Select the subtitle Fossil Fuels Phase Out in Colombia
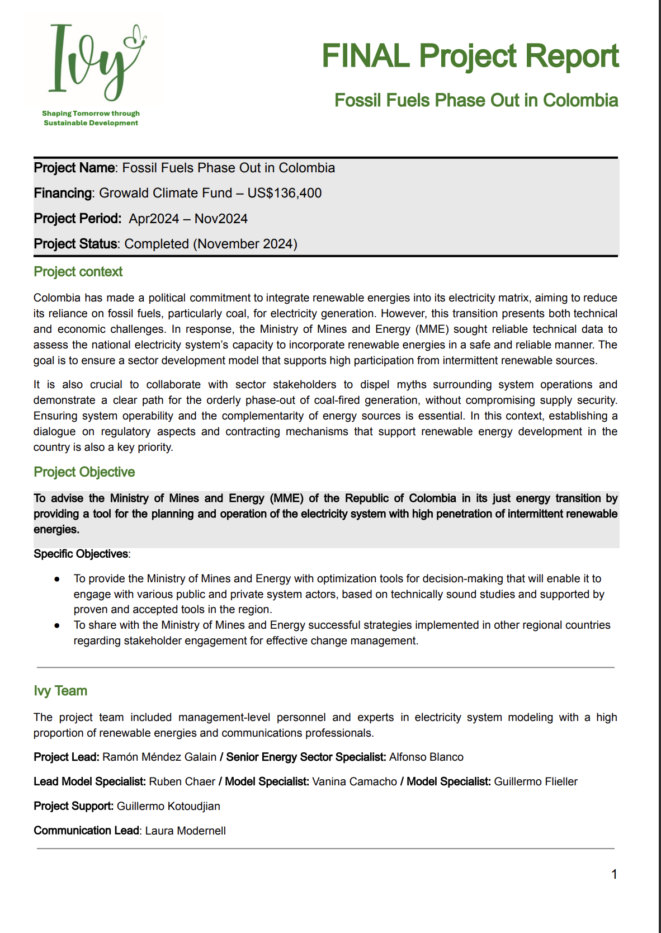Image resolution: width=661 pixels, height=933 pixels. [476, 101]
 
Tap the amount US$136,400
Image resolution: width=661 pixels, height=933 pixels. [285, 194]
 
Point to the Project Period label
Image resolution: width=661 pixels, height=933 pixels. [77, 219]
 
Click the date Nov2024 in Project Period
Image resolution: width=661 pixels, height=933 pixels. [221, 219]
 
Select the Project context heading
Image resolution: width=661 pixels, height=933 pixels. [78, 272]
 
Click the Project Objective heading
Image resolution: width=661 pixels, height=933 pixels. [84, 472]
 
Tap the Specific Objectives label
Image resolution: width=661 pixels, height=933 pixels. [81, 554]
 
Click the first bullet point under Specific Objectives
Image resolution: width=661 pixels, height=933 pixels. [57, 579]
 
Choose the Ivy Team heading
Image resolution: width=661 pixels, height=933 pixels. [60, 691]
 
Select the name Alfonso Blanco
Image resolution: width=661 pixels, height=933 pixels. [426, 757]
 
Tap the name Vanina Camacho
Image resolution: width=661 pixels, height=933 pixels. [355, 782]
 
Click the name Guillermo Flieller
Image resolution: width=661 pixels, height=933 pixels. [536, 782]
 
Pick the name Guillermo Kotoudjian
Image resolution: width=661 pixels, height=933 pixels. [168, 807]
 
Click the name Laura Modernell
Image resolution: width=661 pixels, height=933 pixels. [186, 831]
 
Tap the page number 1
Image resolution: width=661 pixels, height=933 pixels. [614, 874]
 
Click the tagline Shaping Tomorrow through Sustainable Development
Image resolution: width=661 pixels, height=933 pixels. [91, 118]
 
